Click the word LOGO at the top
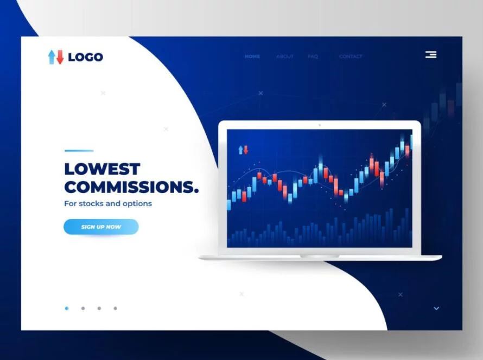coord(85,57)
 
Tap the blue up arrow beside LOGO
coord(52,57)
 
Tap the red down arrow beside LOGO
coord(60,57)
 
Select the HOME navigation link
coord(252,56)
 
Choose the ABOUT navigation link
coord(284,56)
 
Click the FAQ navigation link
coord(313,56)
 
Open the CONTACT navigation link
coord(351,56)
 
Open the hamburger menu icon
coord(431,54)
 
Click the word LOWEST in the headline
coord(102,169)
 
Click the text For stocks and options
coord(108,204)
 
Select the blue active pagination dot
coord(67,308)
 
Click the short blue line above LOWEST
coord(79,151)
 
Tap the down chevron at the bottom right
coord(436,308)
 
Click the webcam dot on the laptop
coord(319,125)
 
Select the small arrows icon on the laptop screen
coord(243,150)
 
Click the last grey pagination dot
coord(115,308)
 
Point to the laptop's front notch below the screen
coord(320,256)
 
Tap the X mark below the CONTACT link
coord(384,104)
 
